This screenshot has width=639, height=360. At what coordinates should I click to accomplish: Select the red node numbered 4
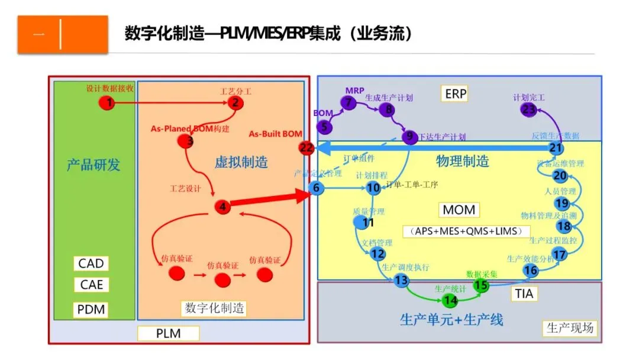coord(222,207)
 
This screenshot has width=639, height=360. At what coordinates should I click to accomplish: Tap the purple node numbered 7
coord(348,102)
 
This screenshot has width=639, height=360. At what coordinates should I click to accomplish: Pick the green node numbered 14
coord(450,301)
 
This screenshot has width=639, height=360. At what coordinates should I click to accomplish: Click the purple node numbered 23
coord(528,110)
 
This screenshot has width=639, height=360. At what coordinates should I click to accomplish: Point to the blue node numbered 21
coord(556,148)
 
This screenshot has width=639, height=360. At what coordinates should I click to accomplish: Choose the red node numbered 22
coord(306,148)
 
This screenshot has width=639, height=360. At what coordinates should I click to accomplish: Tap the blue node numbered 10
coord(373,188)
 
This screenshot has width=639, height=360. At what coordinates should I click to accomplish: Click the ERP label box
coord(456,93)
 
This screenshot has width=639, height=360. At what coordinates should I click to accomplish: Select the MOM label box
coord(459,210)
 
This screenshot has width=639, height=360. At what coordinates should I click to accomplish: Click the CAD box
coord(91,263)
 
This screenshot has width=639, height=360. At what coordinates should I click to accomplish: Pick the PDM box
coord(91,309)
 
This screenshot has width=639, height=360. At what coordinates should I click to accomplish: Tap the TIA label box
coord(524,293)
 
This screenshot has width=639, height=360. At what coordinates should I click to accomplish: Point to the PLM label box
coord(168,333)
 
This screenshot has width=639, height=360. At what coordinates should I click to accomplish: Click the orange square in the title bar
coord(63,34)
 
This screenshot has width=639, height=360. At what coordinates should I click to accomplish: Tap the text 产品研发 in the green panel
coord(93,164)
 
